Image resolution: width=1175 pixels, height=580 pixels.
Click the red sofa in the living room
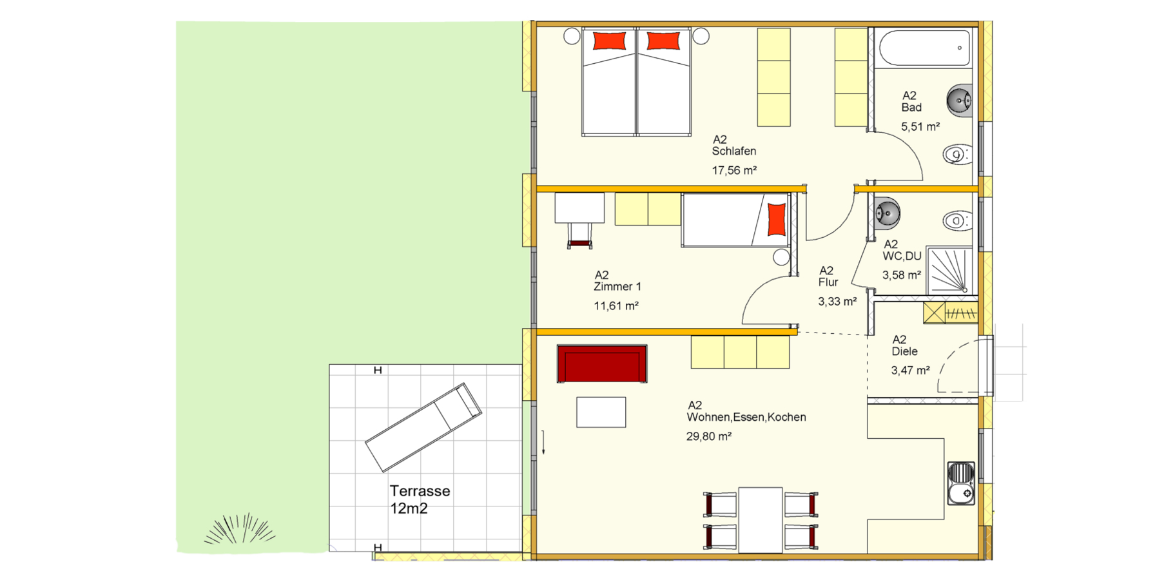click(602, 364)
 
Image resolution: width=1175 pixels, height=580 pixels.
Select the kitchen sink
click(961, 483)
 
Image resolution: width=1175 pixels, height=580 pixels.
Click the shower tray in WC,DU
click(949, 270)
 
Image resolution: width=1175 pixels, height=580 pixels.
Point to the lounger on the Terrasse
click(423, 427)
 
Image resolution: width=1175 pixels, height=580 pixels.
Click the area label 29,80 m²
click(708, 436)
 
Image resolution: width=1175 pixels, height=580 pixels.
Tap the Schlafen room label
click(734, 151)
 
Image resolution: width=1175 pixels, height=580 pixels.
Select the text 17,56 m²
click(734, 170)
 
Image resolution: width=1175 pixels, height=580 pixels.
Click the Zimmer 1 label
click(617, 286)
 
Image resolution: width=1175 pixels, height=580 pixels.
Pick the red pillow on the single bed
click(777, 219)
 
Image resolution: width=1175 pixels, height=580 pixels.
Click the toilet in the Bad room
click(958, 155)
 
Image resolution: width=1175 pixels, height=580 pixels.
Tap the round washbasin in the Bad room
click(960, 101)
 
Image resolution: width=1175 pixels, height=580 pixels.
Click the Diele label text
click(904, 351)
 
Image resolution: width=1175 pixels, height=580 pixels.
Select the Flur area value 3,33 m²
click(837, 301)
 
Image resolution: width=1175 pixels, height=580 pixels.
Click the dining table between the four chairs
click(761, 520)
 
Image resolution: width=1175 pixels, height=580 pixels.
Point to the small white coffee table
click(601, 412)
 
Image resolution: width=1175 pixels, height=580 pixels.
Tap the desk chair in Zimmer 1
click(580, 235)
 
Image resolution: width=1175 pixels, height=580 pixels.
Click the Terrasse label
click(420, 491)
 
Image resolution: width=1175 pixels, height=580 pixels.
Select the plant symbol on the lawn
click(240, 530)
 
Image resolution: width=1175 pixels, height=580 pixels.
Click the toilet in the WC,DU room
click(958, 221)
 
